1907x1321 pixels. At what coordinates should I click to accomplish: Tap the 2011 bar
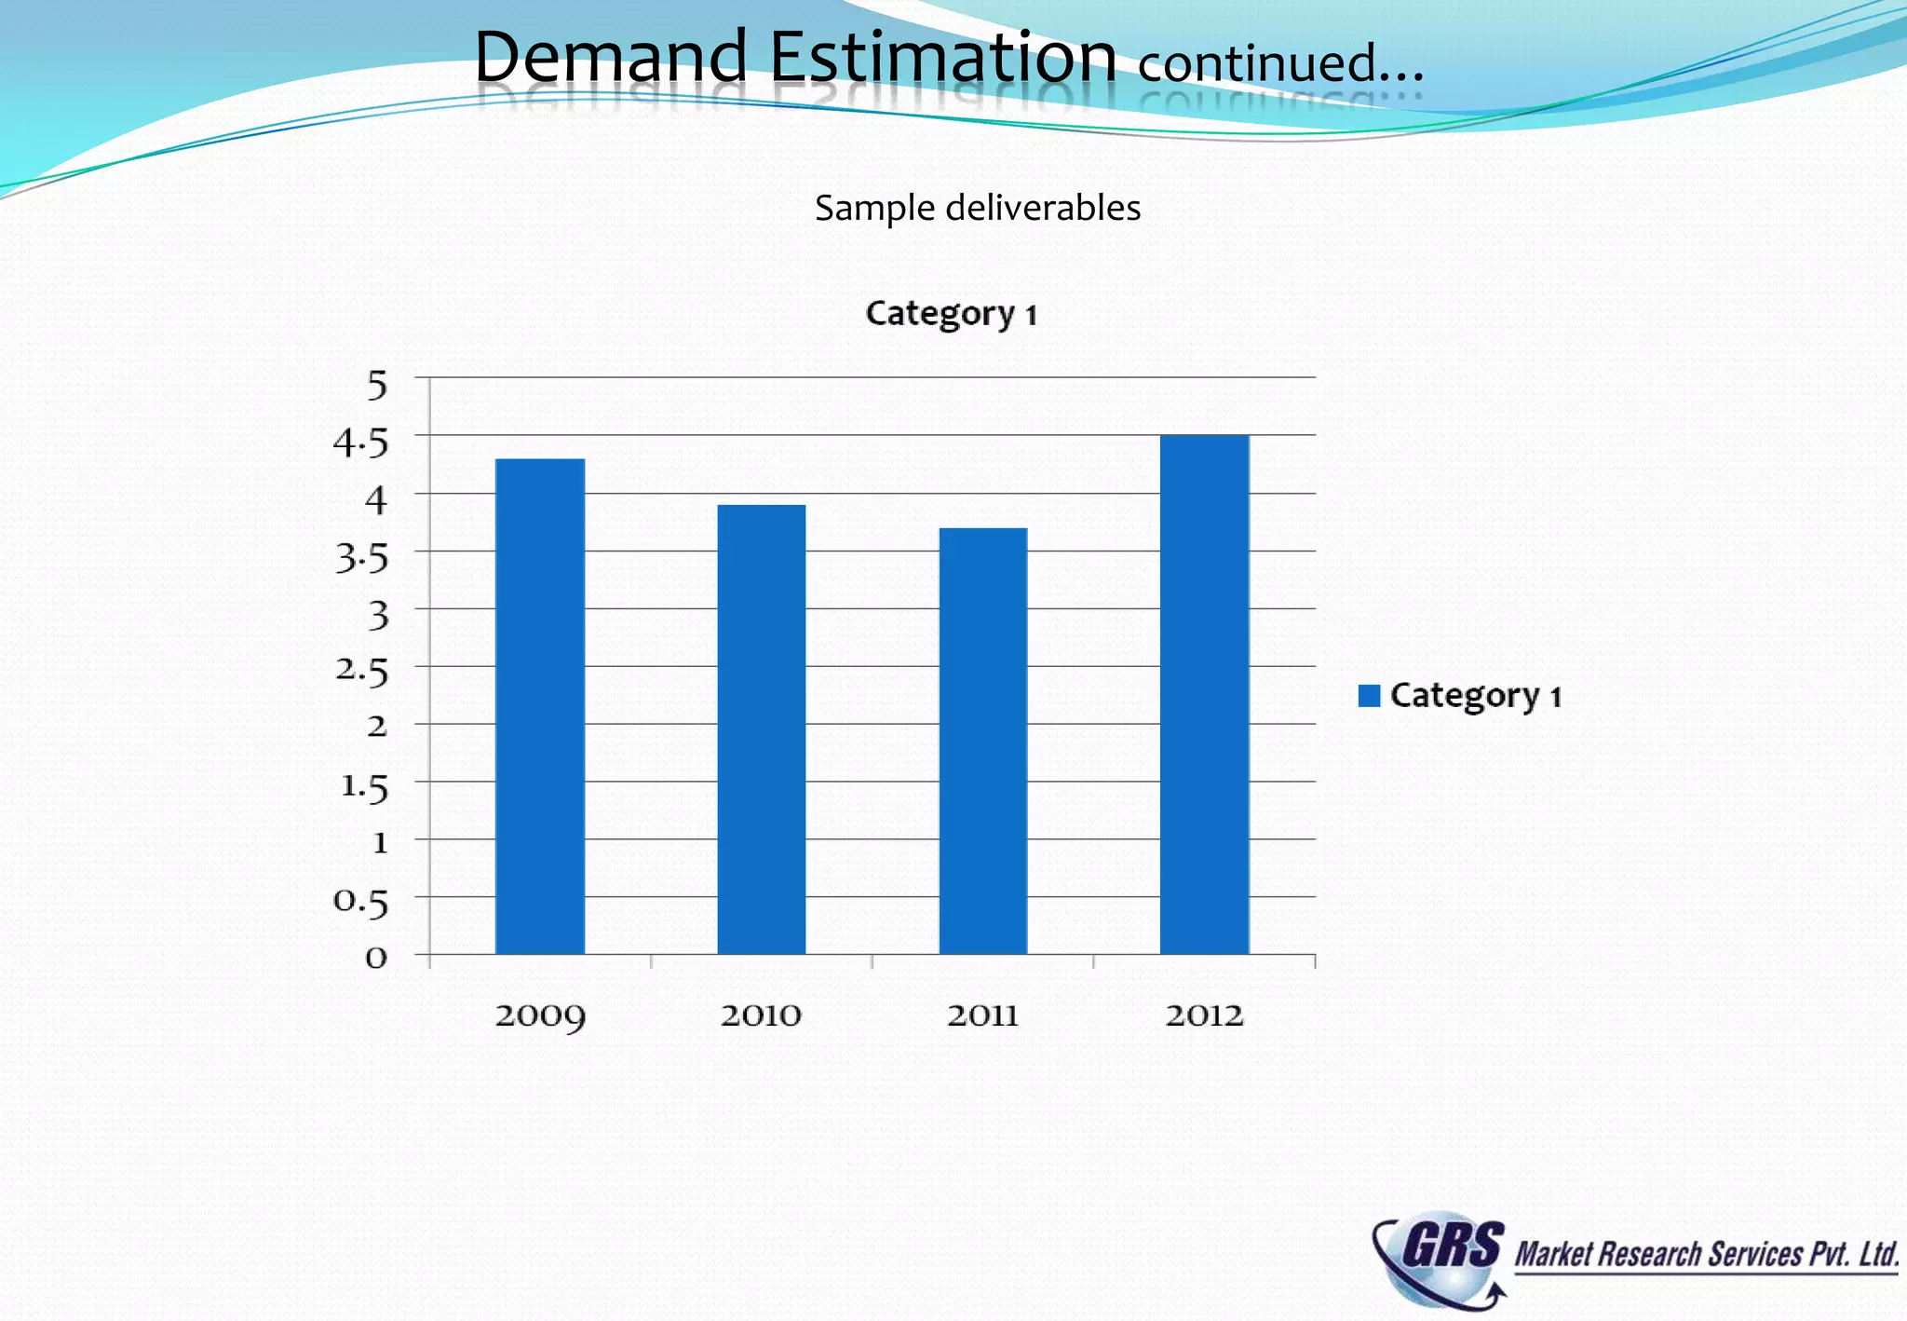(982, 741)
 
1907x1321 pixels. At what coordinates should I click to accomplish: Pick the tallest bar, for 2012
(1204, 694)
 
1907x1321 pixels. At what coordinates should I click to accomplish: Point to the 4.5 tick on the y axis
(360, 443)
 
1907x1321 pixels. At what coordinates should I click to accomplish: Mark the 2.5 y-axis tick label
(361, 671)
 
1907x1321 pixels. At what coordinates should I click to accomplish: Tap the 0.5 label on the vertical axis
(360, 902)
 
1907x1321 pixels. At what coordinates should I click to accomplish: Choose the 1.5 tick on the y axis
(363, 787)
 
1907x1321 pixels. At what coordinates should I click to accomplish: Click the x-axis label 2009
(540, 1015)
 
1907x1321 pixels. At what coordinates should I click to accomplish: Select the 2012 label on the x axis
(1204, 1015)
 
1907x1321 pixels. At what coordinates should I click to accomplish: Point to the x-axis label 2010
(761, 1015)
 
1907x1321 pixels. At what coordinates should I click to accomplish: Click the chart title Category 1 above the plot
(951, 314)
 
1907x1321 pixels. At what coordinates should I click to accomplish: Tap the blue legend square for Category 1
(1369, 696)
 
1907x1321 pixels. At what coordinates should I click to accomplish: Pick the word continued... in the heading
(1280, 63)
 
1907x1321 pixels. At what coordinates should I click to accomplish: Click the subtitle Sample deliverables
(978, 208)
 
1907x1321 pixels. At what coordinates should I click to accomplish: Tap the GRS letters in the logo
(1453, 1246)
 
